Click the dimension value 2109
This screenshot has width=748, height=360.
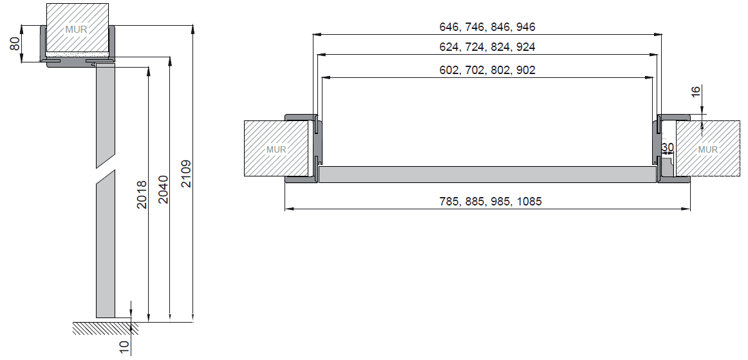tap(186, 174)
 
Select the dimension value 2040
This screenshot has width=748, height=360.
tap(164, 189)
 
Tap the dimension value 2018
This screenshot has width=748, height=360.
tap(142, 194)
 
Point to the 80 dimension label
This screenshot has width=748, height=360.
tap(15, 44)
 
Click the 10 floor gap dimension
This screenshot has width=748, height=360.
tap(124, 347)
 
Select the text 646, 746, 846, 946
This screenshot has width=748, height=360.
tap(487, 27)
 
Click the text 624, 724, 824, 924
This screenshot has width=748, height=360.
tap(487, 47)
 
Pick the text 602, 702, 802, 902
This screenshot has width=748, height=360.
tap(487, 70)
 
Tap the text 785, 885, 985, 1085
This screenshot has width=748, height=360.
tap(491, 202)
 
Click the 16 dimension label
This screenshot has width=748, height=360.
tap(695, 92)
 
